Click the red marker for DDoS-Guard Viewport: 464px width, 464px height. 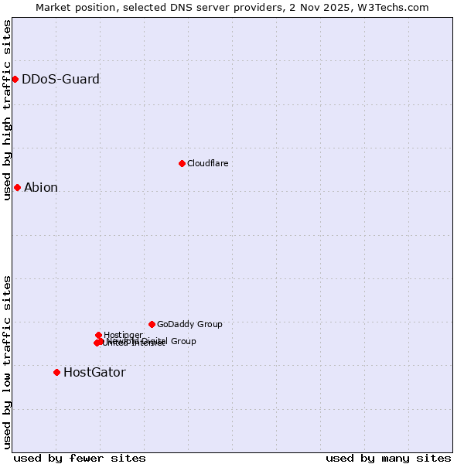click(x=15, y=79)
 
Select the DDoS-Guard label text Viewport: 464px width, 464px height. click(x=60, y=79)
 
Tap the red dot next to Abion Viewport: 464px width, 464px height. click(x=17, y=187)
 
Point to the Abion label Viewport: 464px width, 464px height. click(x=41, y=187)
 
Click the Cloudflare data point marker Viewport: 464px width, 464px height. click(x=182, y=163)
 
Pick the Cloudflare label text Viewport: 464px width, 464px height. click(x=207, y=163)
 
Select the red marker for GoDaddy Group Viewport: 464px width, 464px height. click(x=152, y=324)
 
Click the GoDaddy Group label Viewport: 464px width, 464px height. click(x=189, y=324)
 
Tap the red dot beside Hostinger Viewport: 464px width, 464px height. click(x=98, y=335)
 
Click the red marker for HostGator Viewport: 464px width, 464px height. click(x=56, y=372)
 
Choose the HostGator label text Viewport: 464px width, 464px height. click(x=94, y=372)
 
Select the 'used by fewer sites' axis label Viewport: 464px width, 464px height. click(x=80, y=458)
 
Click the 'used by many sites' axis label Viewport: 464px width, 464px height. click(x=388, y=458)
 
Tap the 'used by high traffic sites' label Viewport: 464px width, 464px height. click(x=7, y=110)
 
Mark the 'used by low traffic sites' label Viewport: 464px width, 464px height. click(x=7, y=362)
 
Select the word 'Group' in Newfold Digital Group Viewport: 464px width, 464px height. click(x=183, y=341)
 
